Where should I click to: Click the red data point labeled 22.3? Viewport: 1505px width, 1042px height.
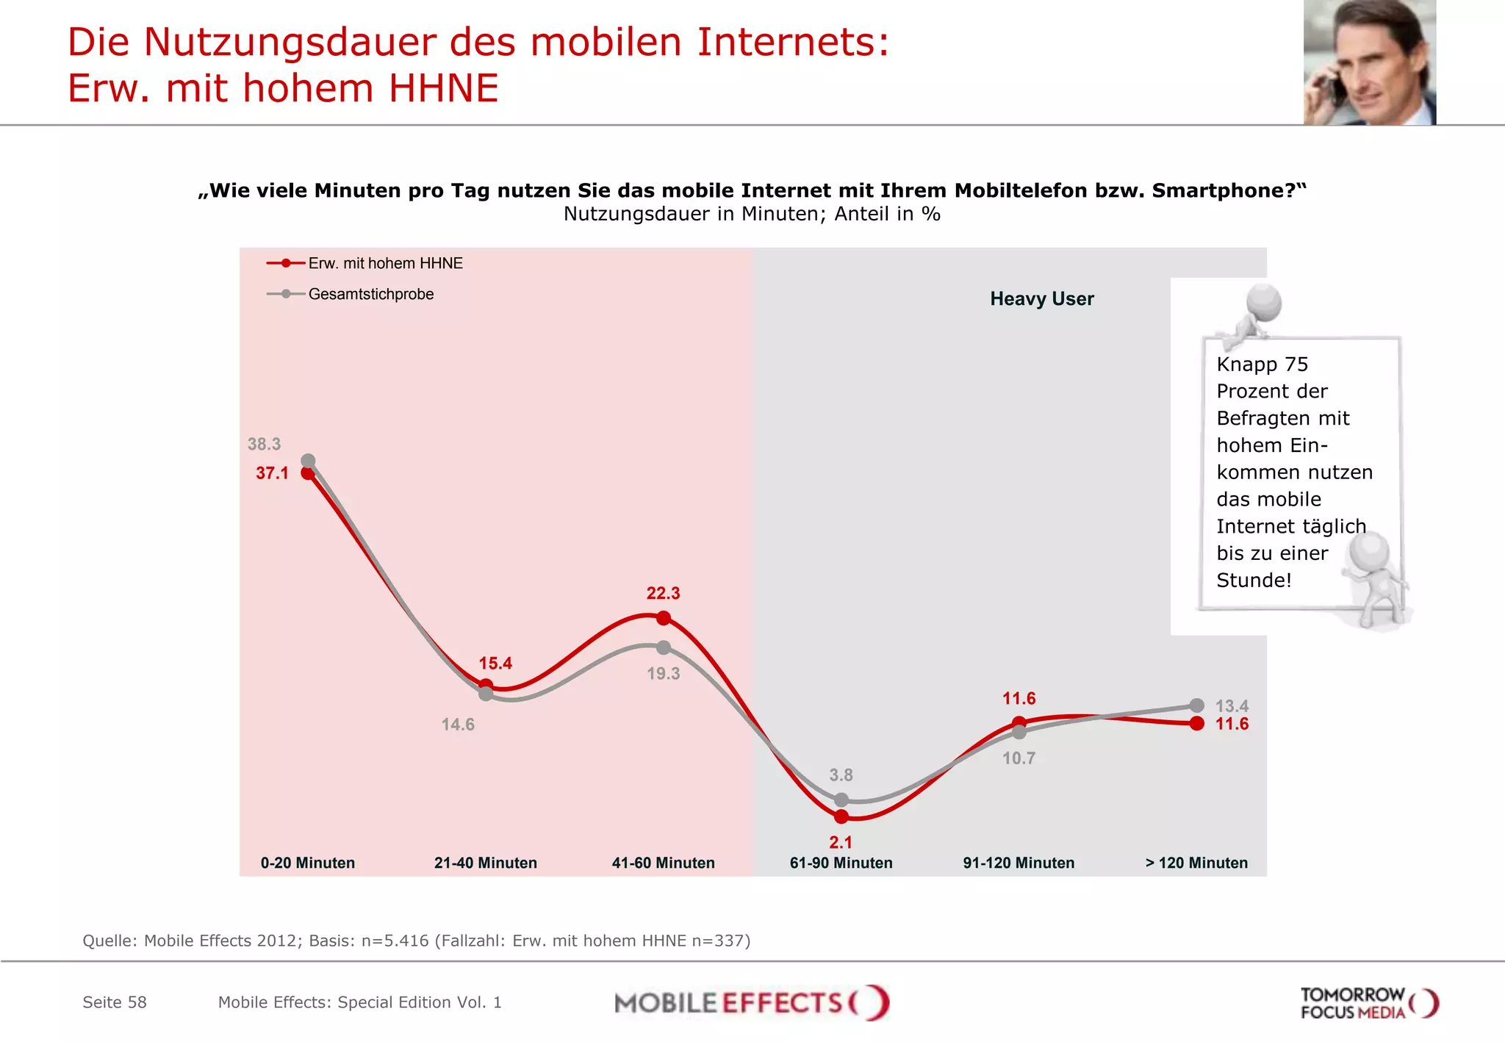[x=664, y=618]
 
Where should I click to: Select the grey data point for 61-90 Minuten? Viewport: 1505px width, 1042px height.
[x=841, y=800]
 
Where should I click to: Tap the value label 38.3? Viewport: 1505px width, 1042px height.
[x=264, y=444]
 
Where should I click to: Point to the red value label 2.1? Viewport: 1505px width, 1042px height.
[x=841, y=843]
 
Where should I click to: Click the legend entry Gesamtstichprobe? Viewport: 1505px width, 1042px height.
[x=370, y=294]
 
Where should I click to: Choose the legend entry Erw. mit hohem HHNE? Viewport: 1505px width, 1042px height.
[x=385, y=263]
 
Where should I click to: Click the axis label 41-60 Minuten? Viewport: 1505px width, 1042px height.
[x=663, y=863]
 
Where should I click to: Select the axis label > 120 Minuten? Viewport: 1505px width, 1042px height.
[x=1196, y=863]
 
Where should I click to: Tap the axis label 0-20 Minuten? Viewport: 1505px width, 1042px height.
[x=307, y=863]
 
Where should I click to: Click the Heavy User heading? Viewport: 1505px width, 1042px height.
[x=1041, y=299]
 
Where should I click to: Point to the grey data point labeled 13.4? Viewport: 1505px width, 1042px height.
[x=1197, y=705]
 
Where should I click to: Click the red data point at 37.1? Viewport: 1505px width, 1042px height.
[x=309, y=474]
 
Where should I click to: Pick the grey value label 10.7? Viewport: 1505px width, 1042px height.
[x=1019, y=758]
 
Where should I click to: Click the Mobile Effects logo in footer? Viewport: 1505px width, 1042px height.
[x=751, y=1003]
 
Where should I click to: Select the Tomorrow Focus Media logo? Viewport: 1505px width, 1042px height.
[x=1368, y=1003]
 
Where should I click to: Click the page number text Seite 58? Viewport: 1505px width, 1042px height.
[x=115, y=1002]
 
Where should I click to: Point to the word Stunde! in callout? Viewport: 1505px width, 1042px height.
[x=1254, y=581]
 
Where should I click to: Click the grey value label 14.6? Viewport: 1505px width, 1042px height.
[x=457, y=725]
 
